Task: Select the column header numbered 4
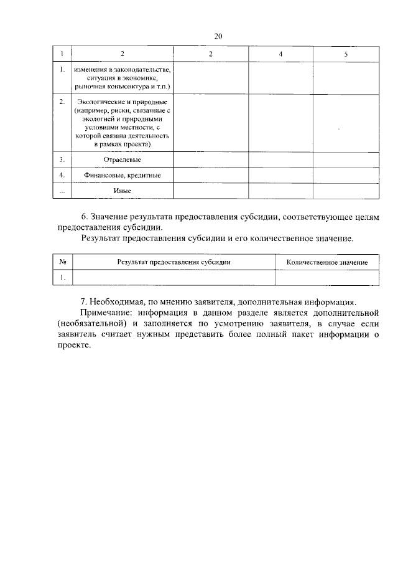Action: pyautogui.click(x=280, y=55)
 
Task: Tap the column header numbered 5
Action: pyautogui.click(x=346, y=55)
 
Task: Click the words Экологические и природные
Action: pyautogui.click(x=122, y=101)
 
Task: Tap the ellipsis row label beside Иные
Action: pyautogui.click(x=62, y=191)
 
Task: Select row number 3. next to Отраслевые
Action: pyautogui.click(x=62, y=160)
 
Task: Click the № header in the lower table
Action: pyautogui.click(x=62, y=262)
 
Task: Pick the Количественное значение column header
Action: pyautogui.click(x=326, y=262)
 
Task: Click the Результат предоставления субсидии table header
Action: pyautogui.click(x=174, y=262)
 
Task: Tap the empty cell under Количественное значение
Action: pyautogui.click(x=326, y=277)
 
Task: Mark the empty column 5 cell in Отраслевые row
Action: pyautogui.click(x=346, y=160)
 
